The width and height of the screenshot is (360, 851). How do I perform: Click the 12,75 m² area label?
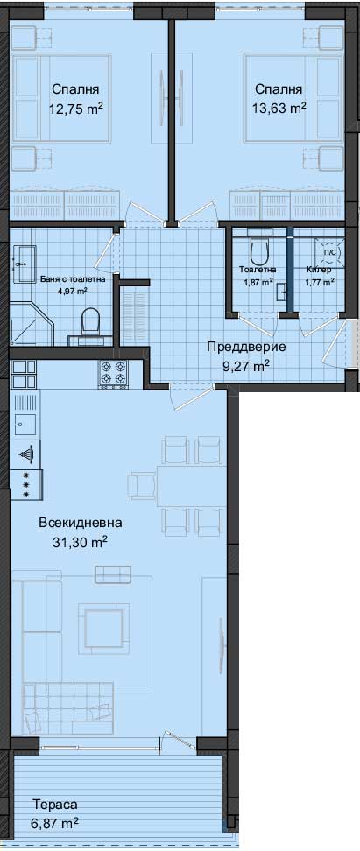pyautogui.click(x=76, y=108)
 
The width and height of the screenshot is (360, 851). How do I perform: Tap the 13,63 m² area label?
pyautogui.click(x=279, y=108)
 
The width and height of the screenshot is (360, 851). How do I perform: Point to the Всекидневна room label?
pyautogui.click(x=81, y=523)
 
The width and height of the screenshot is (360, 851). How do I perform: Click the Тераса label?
pyautogui.click(x=55, y=804)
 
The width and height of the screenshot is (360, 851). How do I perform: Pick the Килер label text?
pyautogui.click(x=319, y=269)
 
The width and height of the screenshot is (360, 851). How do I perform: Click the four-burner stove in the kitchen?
pyautogui.click(x=112, y=374)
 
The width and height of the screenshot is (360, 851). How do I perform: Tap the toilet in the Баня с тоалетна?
pyautogui.click(x=90, y=321)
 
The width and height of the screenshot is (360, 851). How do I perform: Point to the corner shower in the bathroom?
pyautogui.click(x=32, y=323)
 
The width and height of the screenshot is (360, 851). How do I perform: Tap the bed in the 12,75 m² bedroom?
pyautogui.click(x=60, y=99)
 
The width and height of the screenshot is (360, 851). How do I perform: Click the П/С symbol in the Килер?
pyautogui.click(x=330, y=250)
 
